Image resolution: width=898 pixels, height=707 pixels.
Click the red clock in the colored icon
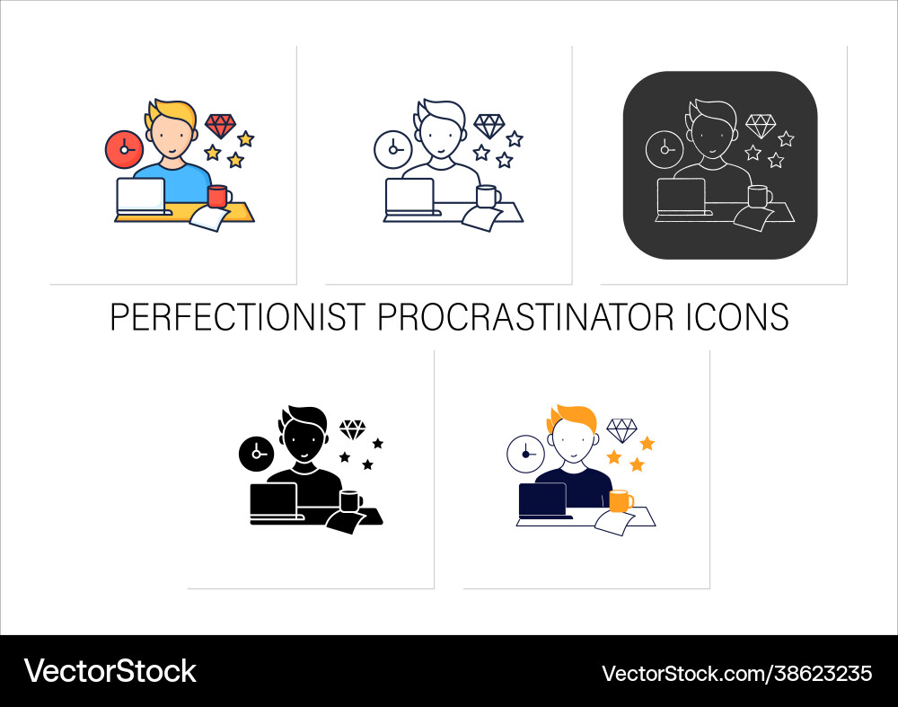click(123, 148)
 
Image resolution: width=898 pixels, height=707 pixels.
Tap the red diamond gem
click(220, 126)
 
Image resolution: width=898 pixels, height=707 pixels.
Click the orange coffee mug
click(620, 500)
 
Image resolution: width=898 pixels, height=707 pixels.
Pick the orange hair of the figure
click(572, 419)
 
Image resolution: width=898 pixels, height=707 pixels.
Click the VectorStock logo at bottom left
click(110, 671)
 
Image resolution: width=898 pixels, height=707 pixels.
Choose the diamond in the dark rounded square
click(760, 126)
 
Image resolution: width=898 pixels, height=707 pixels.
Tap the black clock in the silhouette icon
click(257, 454)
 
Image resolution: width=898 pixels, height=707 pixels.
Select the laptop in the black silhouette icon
click(274, 504)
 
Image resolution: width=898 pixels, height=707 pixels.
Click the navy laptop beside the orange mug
click(543, 500)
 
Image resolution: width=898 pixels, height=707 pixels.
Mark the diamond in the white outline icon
click(489, 126)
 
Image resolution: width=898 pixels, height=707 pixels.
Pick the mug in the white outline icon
click(488, 197)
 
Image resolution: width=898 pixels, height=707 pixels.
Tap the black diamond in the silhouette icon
click(352, 429)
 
